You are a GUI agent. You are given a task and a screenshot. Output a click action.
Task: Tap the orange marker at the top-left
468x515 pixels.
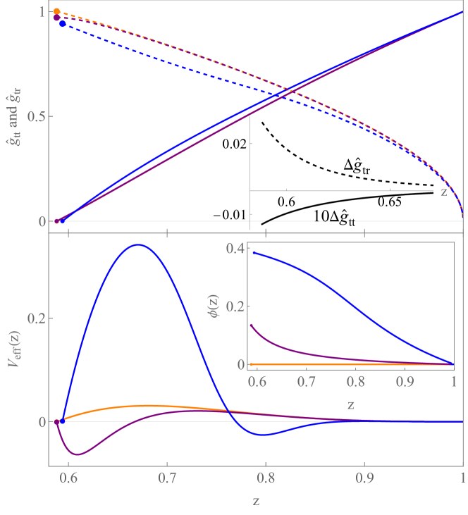point(56,11)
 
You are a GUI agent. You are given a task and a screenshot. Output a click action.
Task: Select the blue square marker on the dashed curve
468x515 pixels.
point(62,24)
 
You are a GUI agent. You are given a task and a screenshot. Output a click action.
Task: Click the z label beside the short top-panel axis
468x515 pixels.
point(444,190)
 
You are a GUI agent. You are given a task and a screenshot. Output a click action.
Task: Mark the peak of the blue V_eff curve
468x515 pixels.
point(139,244)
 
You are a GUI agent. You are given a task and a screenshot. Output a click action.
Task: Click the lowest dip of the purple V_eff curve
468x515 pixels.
point(78,454)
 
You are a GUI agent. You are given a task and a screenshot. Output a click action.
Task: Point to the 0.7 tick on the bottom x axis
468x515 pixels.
point(166,476)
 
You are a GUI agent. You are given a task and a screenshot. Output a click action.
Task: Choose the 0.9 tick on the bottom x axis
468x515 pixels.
point(364,476)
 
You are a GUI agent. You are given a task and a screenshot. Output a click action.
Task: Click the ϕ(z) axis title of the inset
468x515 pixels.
point(216,306)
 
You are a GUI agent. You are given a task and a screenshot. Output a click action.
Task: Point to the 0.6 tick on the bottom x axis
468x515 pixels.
point(68,476)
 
